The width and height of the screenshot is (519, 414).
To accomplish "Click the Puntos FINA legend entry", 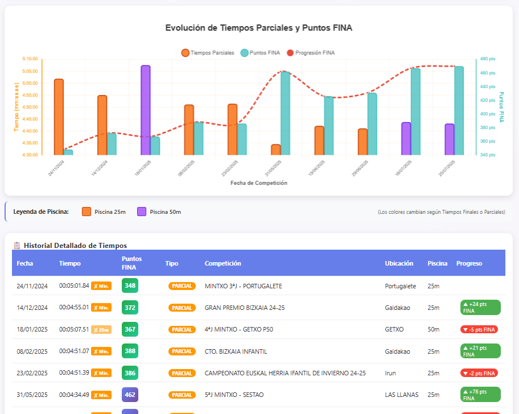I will point(261,53).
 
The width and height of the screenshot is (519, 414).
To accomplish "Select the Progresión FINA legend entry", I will point(311,53).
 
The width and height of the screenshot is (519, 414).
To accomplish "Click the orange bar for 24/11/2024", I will point(59,117).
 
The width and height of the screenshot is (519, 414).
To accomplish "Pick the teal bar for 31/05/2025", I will point(285,113).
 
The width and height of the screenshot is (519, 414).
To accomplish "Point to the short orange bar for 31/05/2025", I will point(275,150).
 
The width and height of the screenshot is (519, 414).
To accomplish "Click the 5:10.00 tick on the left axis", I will point(30,59).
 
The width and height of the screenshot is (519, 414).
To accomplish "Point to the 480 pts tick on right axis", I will point(488,59).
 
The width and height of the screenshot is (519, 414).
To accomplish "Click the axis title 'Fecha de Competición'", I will point(259,183).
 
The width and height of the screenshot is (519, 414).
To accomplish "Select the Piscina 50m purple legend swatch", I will point(142,212).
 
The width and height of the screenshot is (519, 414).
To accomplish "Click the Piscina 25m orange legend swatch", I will point(86,212).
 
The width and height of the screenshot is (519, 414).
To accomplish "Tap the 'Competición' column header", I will point(223,263).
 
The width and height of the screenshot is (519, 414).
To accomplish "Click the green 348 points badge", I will point(130,285).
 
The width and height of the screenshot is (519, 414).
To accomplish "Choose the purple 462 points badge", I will point(130,395).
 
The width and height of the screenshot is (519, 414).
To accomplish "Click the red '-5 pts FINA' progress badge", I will point(479,329).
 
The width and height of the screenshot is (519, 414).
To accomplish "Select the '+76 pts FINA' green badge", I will point(480,395).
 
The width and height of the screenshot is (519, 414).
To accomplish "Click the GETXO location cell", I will point(394,329).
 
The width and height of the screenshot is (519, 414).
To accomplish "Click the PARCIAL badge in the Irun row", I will point(182,373).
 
